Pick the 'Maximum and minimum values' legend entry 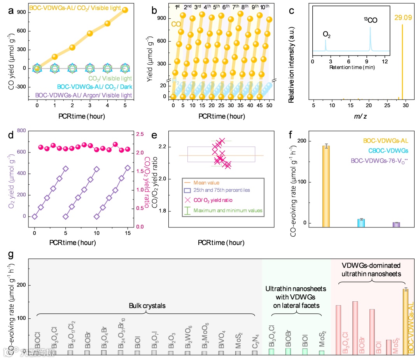(227, 211)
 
